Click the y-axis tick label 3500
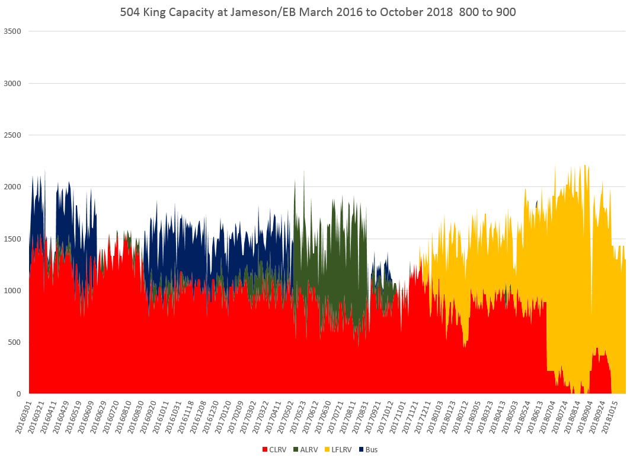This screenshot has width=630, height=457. click(x=12, y=31)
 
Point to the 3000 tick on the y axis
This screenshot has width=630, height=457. click(x=12, y=83)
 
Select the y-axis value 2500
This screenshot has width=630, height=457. click(x=12, y=135)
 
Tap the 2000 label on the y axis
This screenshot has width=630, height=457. click(x=12, y=187)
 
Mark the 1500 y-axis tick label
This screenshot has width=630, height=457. click(x=12, y=239)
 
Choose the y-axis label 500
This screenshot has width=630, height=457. click(x=15, y=342)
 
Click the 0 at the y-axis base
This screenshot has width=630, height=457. click(x=19, y=393)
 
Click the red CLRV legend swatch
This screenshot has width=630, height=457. click(x=264, y=449)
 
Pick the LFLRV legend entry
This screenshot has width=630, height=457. click(x=340, y=449)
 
